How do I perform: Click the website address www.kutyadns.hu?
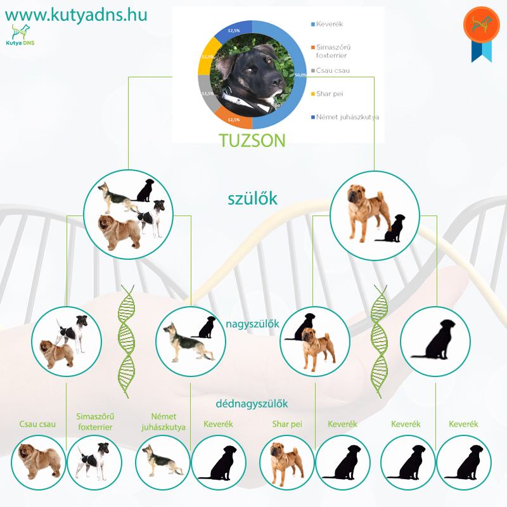pyautogui.click(x=76, y=15)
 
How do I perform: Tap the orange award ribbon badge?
pyautogui.click(x=482, y=34)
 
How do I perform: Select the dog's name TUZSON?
pyautogui.click(x=252, y=141)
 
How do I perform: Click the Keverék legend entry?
pyautogui.click(x=327, y=24)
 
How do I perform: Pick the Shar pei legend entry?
pyautogui.click(x=327, y=94)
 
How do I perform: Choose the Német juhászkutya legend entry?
pyautogui.click(x=345, y=117)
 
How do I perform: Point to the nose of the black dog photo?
pyautogui.click(x=277, y=80)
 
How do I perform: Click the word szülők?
pyautogui.click(x=252, y=198)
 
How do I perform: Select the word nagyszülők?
pyautogui.click(x=252, y=324)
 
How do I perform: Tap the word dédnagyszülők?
pyautogui.click(x=252, y=404)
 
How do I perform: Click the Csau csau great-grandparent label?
pyautogui.click(x=37, y=424)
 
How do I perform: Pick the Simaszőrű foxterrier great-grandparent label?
pyautogui.click(x=95, y=421)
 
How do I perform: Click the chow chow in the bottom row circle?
pyautogui.click(x=39, y=461)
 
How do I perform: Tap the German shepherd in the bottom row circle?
pyautogui.click(x=162, y=461)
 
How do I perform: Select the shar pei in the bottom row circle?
pyautogui.click(x=286, y=464)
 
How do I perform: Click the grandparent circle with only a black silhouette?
pyautogui.click(x=435, y=342)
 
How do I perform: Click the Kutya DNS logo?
pyautogui.click(x=20, y=35)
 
